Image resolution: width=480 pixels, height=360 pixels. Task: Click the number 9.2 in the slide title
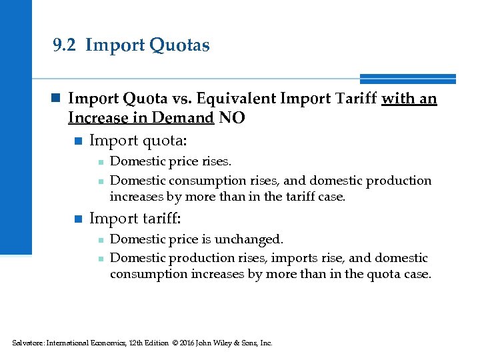(65, 45)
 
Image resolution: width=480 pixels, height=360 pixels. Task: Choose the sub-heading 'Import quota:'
(138, 141)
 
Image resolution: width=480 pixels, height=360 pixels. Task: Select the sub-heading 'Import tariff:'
(135, 218)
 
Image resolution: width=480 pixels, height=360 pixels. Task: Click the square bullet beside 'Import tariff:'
(77, 219)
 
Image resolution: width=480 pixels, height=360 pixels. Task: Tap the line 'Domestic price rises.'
(171, 161)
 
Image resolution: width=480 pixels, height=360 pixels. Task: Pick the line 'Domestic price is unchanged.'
(197, 239)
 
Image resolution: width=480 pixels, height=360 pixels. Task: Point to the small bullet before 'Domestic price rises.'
(99, 162)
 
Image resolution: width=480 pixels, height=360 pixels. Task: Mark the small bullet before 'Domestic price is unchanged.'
(99, 239)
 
